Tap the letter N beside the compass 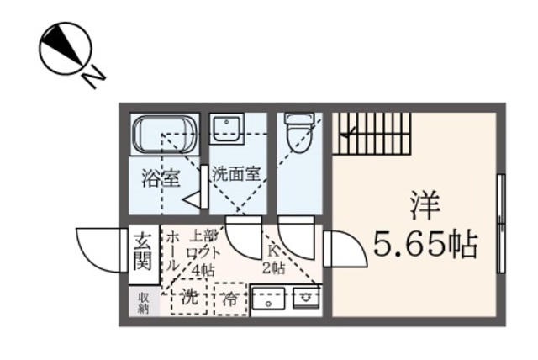point(94,77)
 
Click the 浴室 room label point(160,179)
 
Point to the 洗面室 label point(235,174)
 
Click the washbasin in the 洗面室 point(226,129)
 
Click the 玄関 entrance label point(141,250)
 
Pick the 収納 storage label point(143,301)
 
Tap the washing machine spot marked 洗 point(190,297)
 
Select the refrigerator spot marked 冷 point(230,298)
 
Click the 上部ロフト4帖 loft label point(203,252)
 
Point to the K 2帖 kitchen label point(274,259)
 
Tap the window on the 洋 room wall point(500,223)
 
